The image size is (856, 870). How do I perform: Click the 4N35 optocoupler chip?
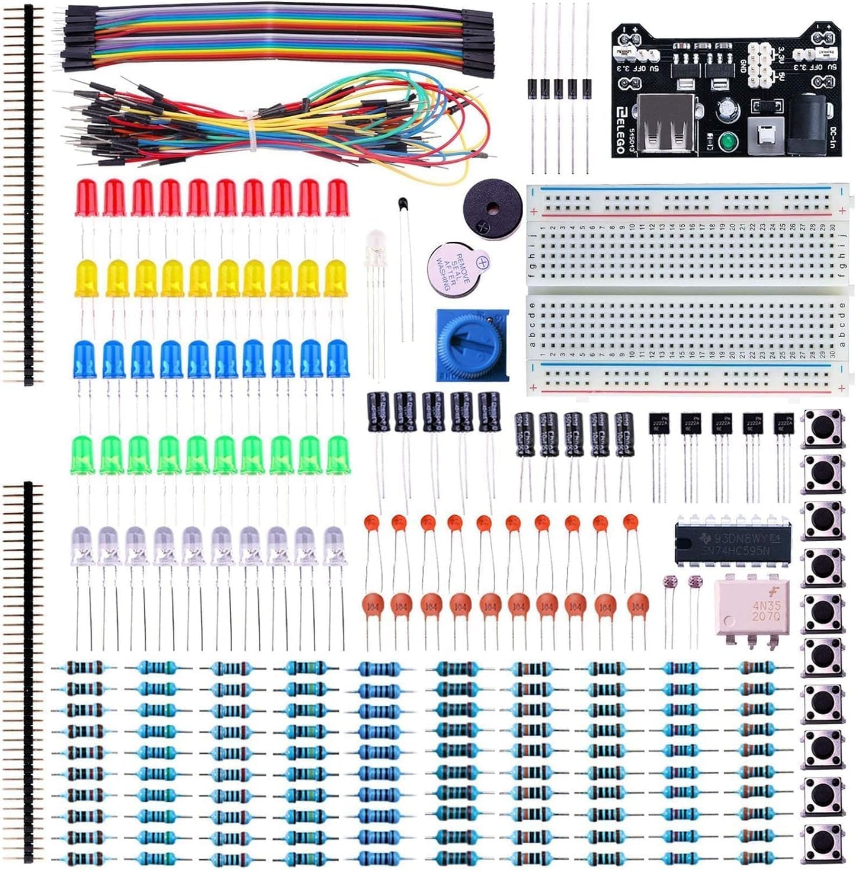tap(748, 608)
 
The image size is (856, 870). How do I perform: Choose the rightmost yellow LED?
tap(335, 278)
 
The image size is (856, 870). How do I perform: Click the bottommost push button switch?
tap(822, 842)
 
